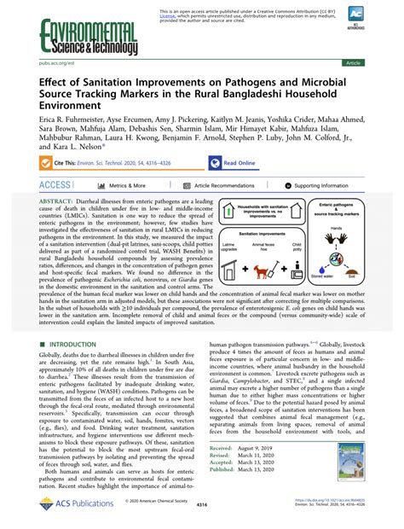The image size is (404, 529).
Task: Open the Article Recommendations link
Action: pos(224,184)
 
